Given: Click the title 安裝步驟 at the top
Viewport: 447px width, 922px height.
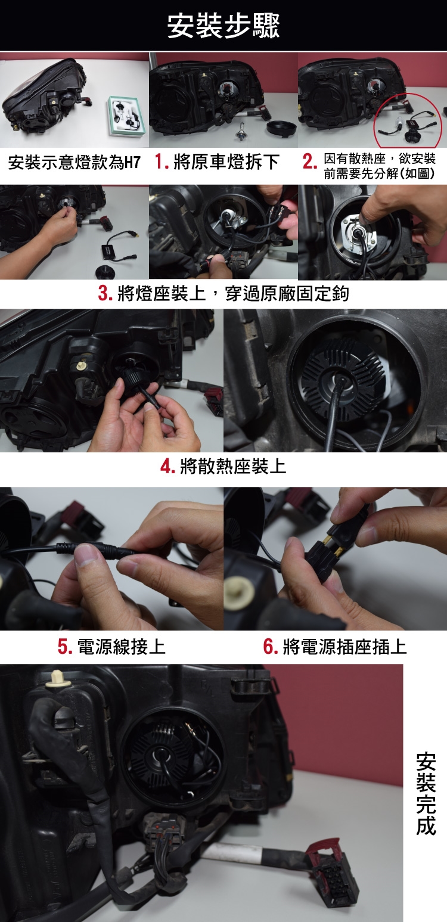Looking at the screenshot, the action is (x=223, y=26).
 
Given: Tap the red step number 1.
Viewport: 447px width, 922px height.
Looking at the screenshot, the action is (x=162, y=162).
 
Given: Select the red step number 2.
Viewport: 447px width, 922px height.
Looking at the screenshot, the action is (x=309, y=162).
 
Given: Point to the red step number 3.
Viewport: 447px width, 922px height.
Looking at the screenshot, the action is (x=105, y=293).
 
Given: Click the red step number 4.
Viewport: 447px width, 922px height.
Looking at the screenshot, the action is (x=168, y=466).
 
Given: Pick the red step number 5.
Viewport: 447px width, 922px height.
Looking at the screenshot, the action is (x=65, y=646).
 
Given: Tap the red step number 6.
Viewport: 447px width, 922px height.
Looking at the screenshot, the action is (x=271, y=646).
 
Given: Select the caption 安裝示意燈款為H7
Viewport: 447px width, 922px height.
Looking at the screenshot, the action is (x=74, y=163).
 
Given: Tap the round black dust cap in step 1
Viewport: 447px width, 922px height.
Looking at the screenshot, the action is (x=281, y=127).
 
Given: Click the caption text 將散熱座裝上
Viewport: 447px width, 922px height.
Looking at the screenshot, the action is (x=233, y=466).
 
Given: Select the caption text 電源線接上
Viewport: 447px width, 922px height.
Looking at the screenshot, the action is (x=122, y=646).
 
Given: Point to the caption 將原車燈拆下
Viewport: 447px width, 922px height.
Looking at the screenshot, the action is (x=227, y=162).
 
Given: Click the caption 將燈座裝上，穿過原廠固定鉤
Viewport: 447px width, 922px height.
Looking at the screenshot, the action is (x=233, y=293).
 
